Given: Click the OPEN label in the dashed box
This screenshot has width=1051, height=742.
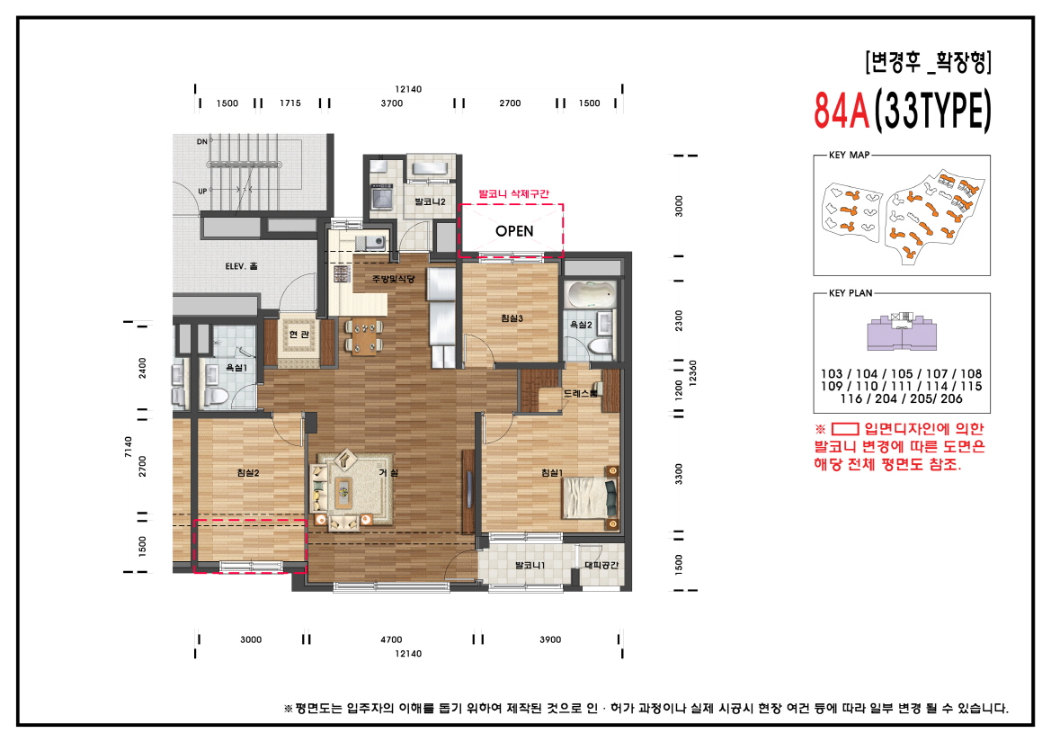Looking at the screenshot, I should click(x=514, y=231).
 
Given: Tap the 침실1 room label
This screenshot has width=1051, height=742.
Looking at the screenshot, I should click(x=551, y=473).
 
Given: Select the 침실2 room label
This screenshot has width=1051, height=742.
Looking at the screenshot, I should click(x=248, y=473).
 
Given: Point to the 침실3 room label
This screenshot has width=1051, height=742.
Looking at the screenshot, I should click(x=512, y=317).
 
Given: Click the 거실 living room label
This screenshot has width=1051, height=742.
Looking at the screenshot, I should click(x=388, y=473).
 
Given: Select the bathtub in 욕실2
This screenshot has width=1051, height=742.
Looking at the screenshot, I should click(x=592, y=294).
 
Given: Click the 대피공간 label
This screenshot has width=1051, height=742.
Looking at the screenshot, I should click(x=601, y=566).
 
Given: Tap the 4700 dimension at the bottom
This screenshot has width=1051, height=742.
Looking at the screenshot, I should click(x=391, y=639).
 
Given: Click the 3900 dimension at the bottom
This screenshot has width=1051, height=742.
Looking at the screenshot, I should click(x=550, y=639).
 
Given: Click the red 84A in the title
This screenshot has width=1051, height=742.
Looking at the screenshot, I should click(x=841, y=111).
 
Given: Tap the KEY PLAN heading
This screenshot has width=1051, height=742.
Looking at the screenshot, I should click(x=850, y=293).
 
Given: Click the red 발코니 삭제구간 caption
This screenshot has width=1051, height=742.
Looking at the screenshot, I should click(x=512, y=193).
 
